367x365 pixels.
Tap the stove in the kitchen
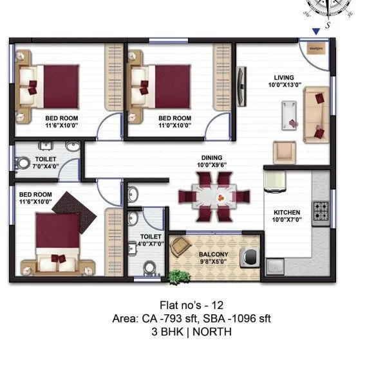click(319, 209)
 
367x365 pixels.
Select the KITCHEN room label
click(286, 213)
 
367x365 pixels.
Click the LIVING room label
click(285, 76)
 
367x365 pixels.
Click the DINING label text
click(211, 158)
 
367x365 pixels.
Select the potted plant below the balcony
click(179, 276)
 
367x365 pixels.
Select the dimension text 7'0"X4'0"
click(46, 166)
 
